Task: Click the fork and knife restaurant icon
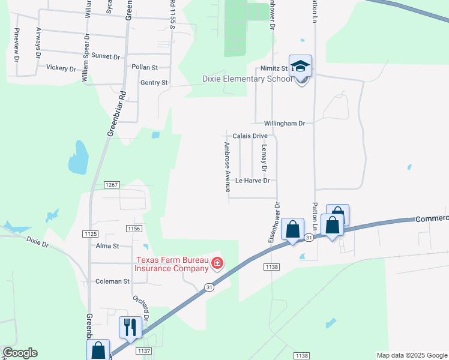tap(130, 328)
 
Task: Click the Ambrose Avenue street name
tap(228, 167)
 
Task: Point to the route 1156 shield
tap(133, 229)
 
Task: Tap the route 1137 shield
tap(144, 350)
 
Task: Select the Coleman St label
tap(113, 281)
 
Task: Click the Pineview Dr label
tap(16, 44)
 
